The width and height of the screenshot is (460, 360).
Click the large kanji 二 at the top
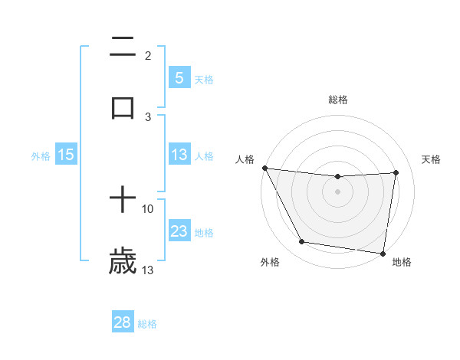[x=123, y=47]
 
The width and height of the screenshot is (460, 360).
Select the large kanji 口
[x=123, y=107]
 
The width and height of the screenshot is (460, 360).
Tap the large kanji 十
[x=123, y=201]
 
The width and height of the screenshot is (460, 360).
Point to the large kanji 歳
[x=123, y=261]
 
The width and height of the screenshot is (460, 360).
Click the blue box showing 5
[x=179, y=77]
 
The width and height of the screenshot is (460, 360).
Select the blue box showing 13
[x=179, y=155]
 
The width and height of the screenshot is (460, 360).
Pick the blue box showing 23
[x=179, y=231]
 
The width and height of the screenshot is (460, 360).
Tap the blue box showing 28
[x=123, y=322]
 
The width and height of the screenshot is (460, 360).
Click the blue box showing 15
[x=66, y=155]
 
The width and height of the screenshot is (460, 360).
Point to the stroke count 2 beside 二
[x=148, y=56]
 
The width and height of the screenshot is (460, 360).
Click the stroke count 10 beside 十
[x=148, y=208]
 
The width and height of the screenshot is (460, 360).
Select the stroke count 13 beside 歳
[x=148, y=270]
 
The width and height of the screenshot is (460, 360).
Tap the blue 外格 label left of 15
[x=41, y=155]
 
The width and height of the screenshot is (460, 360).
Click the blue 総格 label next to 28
[x=147, y=324]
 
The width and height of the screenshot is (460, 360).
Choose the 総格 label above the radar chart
[x=337, y=100]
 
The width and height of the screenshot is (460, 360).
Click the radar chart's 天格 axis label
[x=432, y=159]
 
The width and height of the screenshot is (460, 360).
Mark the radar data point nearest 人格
[x=264, y=168]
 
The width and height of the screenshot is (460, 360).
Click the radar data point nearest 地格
[x=383, y=253]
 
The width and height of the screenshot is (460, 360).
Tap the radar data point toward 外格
[x=301, y=243]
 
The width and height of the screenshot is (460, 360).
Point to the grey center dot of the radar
[x=337, y=191]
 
